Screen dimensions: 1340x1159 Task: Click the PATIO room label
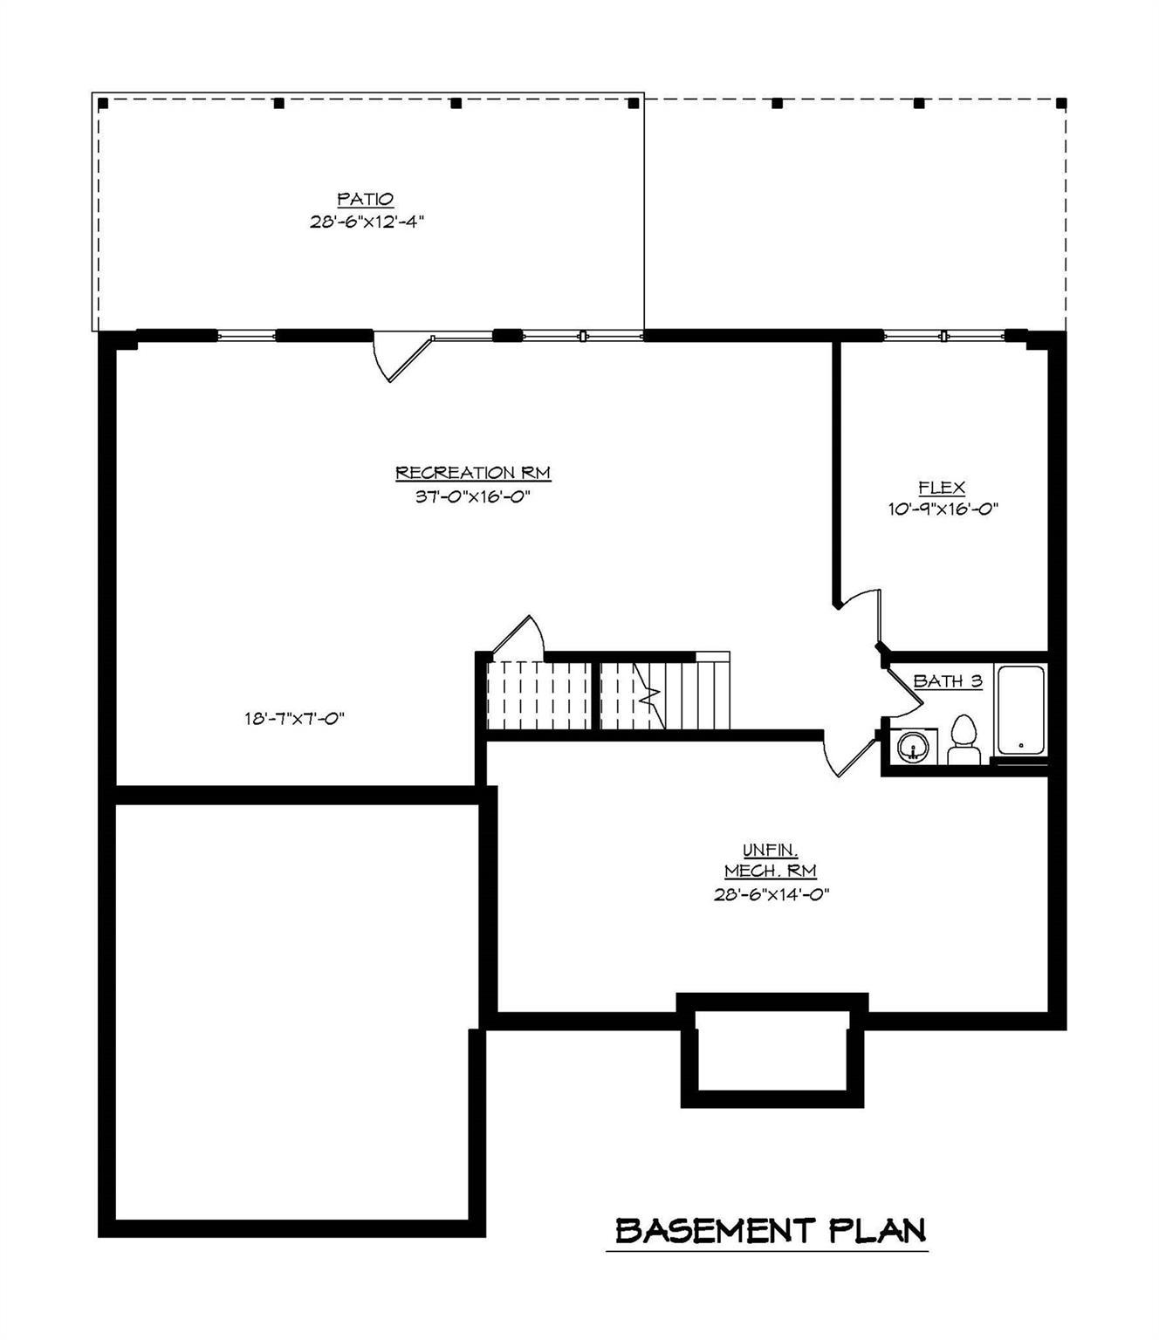pyautogui.click(x=366, y=200)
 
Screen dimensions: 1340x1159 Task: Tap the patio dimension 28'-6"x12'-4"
pyautogui.click(x=367, y=222)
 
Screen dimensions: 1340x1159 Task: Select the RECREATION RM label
pyautogui.click(x=473, y=473)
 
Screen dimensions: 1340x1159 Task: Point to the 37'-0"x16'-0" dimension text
pyautogui.click(x=473, y=496)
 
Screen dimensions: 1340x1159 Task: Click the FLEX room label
pyautogui.click(x=942, y=489)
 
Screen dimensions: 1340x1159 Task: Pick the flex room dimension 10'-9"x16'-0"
pyautogui.click(x=943, y=509)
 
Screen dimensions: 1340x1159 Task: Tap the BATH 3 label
pyautogui.click(x=948, y=681)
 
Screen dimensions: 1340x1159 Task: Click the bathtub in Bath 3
pyautogui.click(x=1020, y=711)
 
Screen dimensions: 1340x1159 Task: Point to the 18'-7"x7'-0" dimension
pyautogui.click(x=295, y=719)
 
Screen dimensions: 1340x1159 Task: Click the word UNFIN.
pyautogui.click(x=771, y=850)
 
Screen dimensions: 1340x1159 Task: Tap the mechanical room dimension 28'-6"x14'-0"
pyautogui.click(x=771, y=894)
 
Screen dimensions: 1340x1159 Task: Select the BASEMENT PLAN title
pyautogui.click(x=770, y=1231)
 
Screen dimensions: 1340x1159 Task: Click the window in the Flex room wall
pyautogui.click(x=944, y=335)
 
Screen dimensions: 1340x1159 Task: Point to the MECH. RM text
pyautogui.click(x=771, y=872)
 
